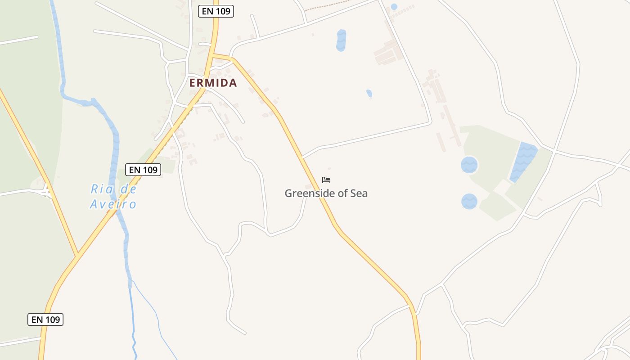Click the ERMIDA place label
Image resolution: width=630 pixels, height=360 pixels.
pos(213,83)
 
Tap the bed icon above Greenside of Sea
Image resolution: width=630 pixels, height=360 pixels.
pos(326,180)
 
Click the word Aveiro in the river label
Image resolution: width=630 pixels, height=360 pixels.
pos(113,204)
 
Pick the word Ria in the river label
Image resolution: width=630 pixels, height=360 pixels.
pos(100,189)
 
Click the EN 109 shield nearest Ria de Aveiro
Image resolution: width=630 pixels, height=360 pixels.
pos(143,170)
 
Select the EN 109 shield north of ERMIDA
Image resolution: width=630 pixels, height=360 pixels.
pos(216,11)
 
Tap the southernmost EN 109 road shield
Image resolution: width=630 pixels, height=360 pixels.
pos(45,319)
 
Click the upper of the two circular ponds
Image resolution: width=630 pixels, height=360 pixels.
pos(469,165)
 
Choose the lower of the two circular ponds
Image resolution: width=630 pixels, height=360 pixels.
pos(469,201)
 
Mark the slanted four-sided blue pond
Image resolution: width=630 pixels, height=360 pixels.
pos(523,162)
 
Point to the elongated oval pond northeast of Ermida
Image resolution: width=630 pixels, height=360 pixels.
pos(341,40)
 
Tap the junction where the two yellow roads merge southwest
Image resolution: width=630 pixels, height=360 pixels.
pos(77,256)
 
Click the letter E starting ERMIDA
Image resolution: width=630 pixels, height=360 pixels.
pos(193,83)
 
